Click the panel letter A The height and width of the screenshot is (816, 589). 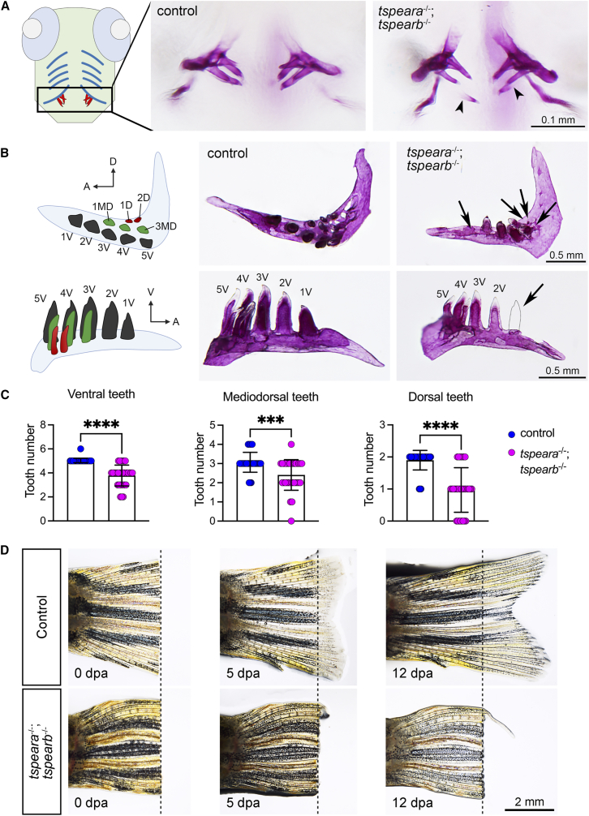(x=6, y=9)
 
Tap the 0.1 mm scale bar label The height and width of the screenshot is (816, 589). (x=558, y=120)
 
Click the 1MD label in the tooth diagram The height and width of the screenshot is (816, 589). (x=103, y=207)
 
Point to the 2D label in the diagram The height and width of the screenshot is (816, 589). (x=144, y=197)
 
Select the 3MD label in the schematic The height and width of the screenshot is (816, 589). (x=166, y=226)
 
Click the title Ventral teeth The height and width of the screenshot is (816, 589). (x=101, y=394)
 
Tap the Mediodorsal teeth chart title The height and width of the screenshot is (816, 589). (x=270, y=397)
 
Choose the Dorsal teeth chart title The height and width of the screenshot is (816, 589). (x=441, y=397)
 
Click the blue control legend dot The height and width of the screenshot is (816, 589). (x=511, y=433)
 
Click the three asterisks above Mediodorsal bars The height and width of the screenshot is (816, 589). (x=270, y=419)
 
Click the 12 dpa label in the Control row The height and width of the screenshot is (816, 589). (x=413, y=673)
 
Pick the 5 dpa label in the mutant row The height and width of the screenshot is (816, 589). (x=243, y=803)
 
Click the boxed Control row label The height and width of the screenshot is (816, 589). (x=41, y=616)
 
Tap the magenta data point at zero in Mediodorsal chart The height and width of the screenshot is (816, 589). (x=291, y=521)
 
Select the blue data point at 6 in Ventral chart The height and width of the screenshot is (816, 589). (x=80, y=449)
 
